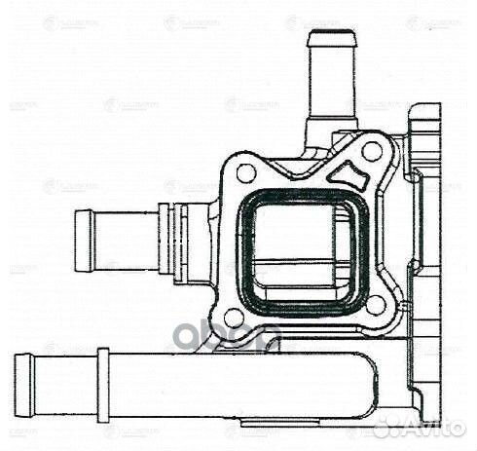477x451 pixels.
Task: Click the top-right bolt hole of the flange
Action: pos(372,151)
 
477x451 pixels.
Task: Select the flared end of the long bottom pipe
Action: pos(24,383)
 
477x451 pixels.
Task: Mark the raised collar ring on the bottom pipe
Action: pos(102,383)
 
